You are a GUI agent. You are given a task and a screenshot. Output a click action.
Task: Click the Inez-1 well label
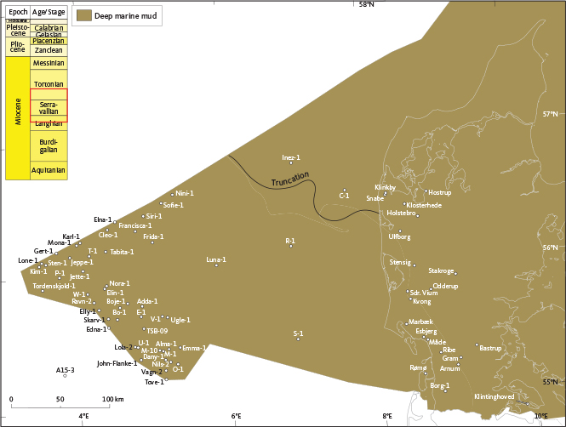click(291, 158)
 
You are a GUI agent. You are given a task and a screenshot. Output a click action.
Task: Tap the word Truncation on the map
click(289, 180)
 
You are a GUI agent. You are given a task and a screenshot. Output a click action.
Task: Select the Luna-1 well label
click(216, 259)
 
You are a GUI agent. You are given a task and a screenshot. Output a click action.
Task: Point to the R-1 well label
click(290, 241)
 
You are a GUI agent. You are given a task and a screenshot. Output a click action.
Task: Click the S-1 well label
click(298, 333)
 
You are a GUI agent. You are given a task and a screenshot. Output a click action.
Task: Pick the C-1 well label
click(344, 196)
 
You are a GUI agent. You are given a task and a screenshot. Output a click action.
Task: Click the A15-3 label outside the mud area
click(66, 370)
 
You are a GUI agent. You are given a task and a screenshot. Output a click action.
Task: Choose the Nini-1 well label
click(185, 193)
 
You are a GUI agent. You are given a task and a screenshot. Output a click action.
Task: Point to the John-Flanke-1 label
click(117, 363)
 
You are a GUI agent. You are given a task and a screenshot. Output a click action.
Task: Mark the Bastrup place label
click(490, 348)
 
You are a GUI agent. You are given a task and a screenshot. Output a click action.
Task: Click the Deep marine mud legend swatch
click(83, 15)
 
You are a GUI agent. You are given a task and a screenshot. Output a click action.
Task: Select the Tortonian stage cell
click(48, 84)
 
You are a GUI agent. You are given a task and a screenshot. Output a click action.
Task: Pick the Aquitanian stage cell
click(48, 170)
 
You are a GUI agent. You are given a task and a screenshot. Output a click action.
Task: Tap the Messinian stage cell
click(48, 64)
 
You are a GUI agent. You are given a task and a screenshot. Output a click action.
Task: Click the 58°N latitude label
click(367, 4)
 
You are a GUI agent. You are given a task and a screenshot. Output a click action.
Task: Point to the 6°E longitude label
click(237, 416)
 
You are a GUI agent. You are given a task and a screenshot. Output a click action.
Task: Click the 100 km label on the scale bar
click(112, 398)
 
